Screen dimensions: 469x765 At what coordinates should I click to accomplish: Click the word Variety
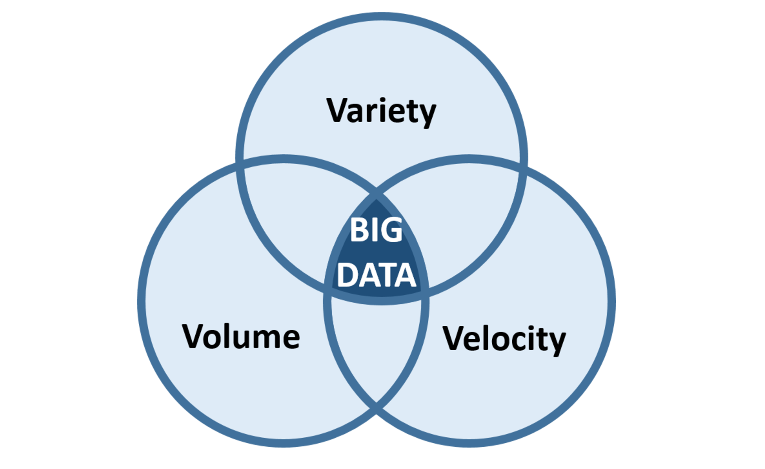[x=381, y=111]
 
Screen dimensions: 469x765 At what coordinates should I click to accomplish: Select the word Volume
[x=241, y=337]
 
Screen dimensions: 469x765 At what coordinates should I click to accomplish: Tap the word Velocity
[x=504, y=339]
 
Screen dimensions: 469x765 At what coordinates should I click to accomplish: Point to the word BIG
[x=376, y=230]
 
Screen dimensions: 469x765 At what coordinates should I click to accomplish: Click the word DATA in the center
[x=376, y=275]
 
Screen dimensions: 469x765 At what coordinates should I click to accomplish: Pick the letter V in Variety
[x=338, y=110]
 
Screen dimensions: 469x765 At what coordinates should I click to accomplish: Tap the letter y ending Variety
[x=426, y=114]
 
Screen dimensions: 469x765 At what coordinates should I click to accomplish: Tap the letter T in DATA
[x=385, y=275]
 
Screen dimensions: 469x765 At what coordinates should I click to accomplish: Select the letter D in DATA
[x=347, y=275]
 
